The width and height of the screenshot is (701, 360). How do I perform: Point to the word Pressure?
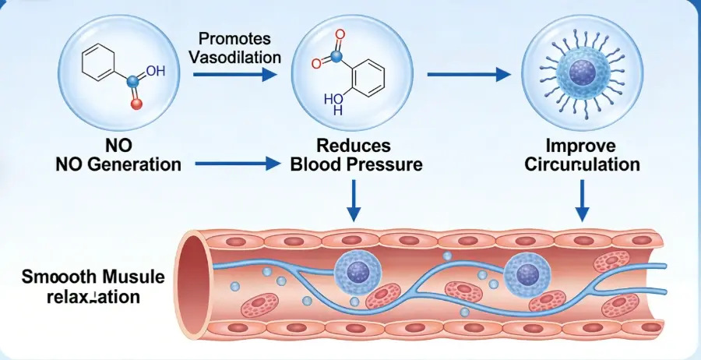386,164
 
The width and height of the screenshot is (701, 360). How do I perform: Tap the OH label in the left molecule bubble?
155,72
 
